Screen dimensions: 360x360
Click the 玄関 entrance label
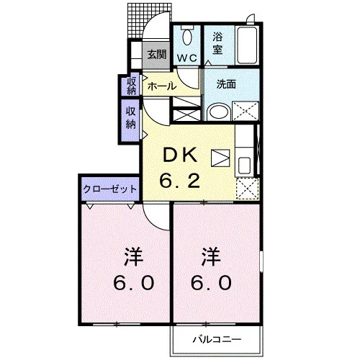157,55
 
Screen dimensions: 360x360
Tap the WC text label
187,58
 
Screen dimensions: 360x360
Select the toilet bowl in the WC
187,35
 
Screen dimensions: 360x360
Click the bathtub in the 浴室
247,45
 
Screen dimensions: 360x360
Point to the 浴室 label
217,43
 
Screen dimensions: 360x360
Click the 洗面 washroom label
226,84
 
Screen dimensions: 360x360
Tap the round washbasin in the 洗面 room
219,112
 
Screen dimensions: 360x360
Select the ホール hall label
161,86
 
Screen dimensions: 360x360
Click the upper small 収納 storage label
131,86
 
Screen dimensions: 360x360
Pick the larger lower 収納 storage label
131,118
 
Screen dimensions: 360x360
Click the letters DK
181,155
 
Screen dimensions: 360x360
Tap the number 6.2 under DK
180,181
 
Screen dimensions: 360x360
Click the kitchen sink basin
244,166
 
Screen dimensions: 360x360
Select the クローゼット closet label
110,189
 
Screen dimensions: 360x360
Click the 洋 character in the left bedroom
134,256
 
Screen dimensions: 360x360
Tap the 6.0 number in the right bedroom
211,283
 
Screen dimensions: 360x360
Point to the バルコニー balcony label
217,339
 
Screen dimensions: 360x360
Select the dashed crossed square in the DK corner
248,189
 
